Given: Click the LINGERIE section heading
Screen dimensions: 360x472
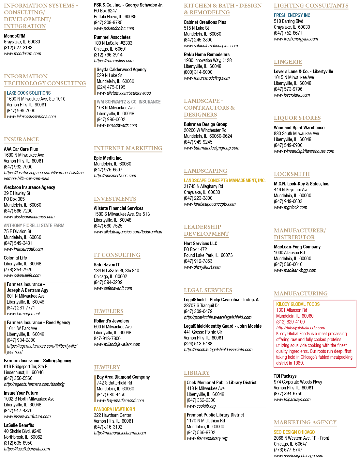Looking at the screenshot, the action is tap(288, 62).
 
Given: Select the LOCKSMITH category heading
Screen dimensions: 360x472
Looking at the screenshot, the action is tap(292, 174).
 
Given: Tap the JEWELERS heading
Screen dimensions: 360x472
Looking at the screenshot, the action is tap(109, 311).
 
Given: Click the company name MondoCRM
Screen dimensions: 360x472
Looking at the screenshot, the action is tap(15, 36).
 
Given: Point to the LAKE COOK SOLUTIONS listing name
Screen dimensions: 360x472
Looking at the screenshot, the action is tap(29, 93).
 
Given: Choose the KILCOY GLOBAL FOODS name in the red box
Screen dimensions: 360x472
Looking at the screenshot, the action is tap(298, 304).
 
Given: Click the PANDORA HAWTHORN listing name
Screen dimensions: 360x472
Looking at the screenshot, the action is tap(114, 409).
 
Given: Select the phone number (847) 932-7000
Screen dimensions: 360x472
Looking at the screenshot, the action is tap(18, 167).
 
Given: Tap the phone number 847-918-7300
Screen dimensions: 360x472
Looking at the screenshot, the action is tap(107, 338).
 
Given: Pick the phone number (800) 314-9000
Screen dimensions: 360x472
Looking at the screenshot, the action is tap(198, 72).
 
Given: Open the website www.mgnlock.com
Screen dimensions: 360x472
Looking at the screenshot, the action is tap(291, 208).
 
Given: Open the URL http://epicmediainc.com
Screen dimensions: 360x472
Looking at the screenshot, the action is tap(115, 176).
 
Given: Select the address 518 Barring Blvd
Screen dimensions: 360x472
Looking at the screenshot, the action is tap(288, 21).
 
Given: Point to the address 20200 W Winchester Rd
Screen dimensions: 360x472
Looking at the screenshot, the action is tap(205, 130).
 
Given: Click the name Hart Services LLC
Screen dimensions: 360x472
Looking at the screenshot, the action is tap(201, 244).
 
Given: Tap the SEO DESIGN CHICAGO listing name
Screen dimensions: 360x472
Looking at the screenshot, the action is tap(294, 432).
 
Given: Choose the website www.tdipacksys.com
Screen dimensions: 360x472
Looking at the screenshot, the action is tap(292, 400).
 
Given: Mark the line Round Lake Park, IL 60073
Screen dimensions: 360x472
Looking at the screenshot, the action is tap(208, 255).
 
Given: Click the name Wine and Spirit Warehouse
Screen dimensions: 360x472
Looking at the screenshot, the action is tap(299, 128).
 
